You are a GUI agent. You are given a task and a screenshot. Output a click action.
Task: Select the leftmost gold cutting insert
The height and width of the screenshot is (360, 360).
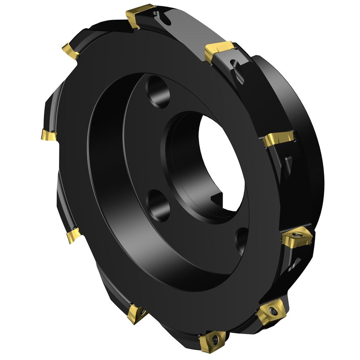pyautogui.click(x=48, y=135)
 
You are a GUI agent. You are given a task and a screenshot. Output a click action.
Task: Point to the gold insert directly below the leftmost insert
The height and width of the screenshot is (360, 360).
pyautogui.click(x=73, y=235)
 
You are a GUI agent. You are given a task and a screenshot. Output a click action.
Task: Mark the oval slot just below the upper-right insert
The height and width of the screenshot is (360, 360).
pyautogui.click(x=236, y=70)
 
